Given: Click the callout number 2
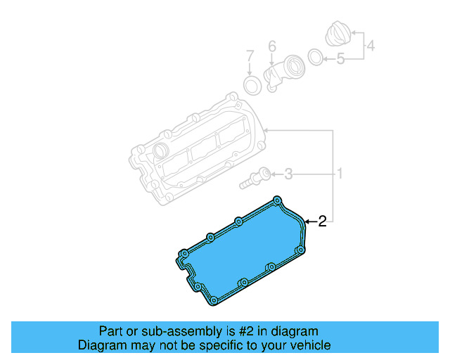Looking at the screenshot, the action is tap(322, 222).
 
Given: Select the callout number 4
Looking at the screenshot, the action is tap(371, 47).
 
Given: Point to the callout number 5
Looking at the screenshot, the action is tap(340, 59).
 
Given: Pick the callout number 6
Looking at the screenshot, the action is tap(272, 47).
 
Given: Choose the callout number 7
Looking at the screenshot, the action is tap(249, 56).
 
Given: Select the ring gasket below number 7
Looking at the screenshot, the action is tap(251, 85).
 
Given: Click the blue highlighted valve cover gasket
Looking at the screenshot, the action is tap(239, 257).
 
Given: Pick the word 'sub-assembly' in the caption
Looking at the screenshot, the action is tap(160, 331).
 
